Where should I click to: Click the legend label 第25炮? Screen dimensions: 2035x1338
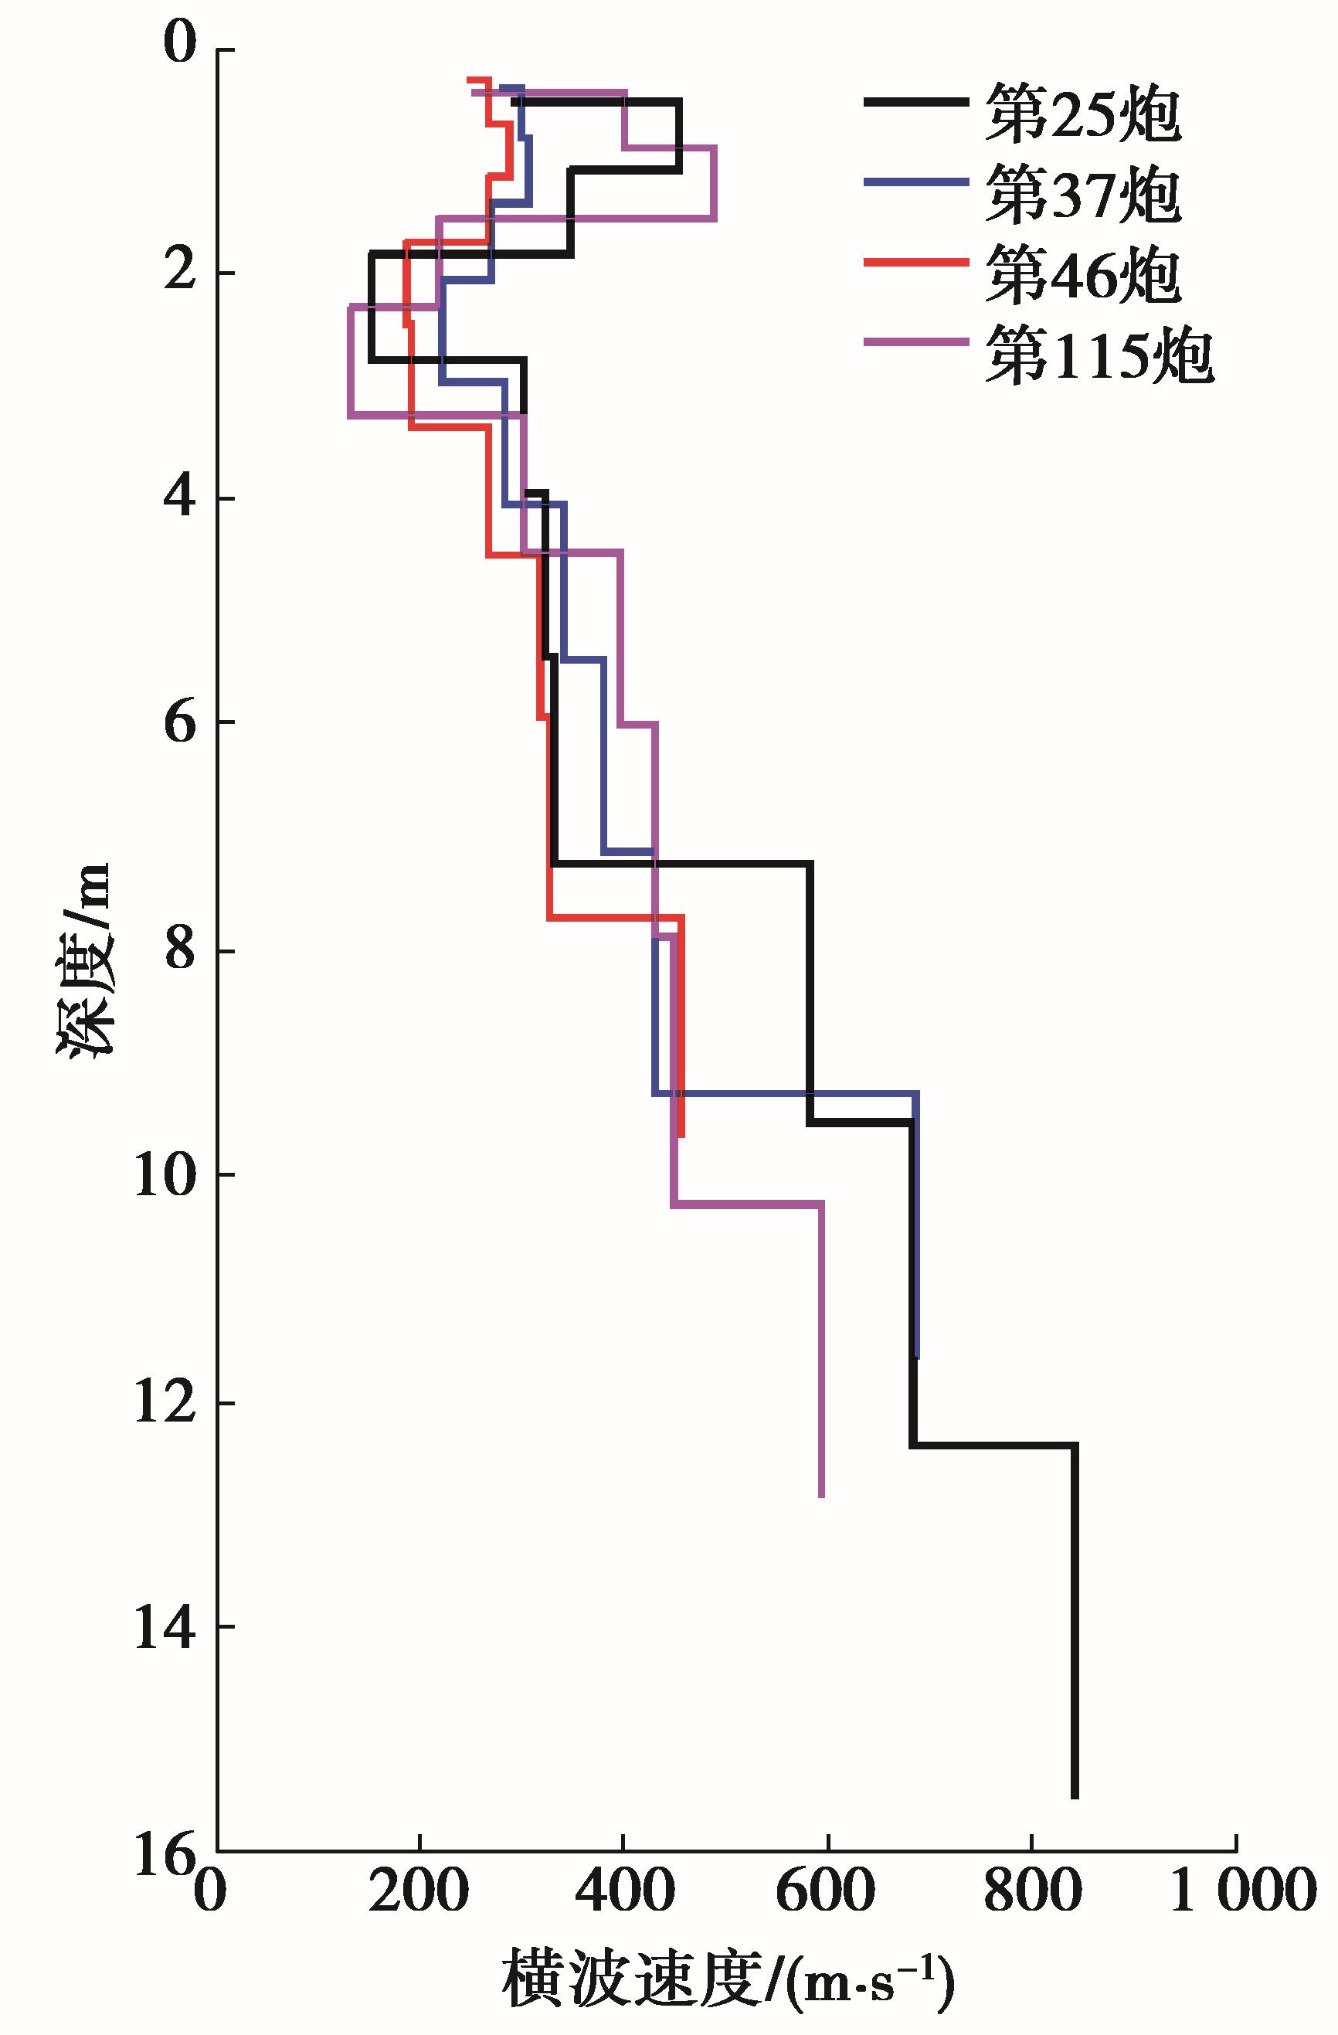[x=1082, y=114]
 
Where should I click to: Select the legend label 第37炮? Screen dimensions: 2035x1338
[x=1082, y=195]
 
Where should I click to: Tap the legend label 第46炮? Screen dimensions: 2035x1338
[x=1082, y=275]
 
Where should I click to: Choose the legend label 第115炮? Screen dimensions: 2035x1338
[x=1098, y=355]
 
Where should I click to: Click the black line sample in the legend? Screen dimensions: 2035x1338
[x=916, y=102]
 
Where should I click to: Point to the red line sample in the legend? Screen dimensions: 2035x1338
[x=916, y=263]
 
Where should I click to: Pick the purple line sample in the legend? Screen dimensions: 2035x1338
[x=916, y=343]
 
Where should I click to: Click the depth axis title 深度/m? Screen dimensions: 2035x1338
[x=86, y=960]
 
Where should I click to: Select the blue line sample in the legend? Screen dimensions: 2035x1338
[x=916, y=182]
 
